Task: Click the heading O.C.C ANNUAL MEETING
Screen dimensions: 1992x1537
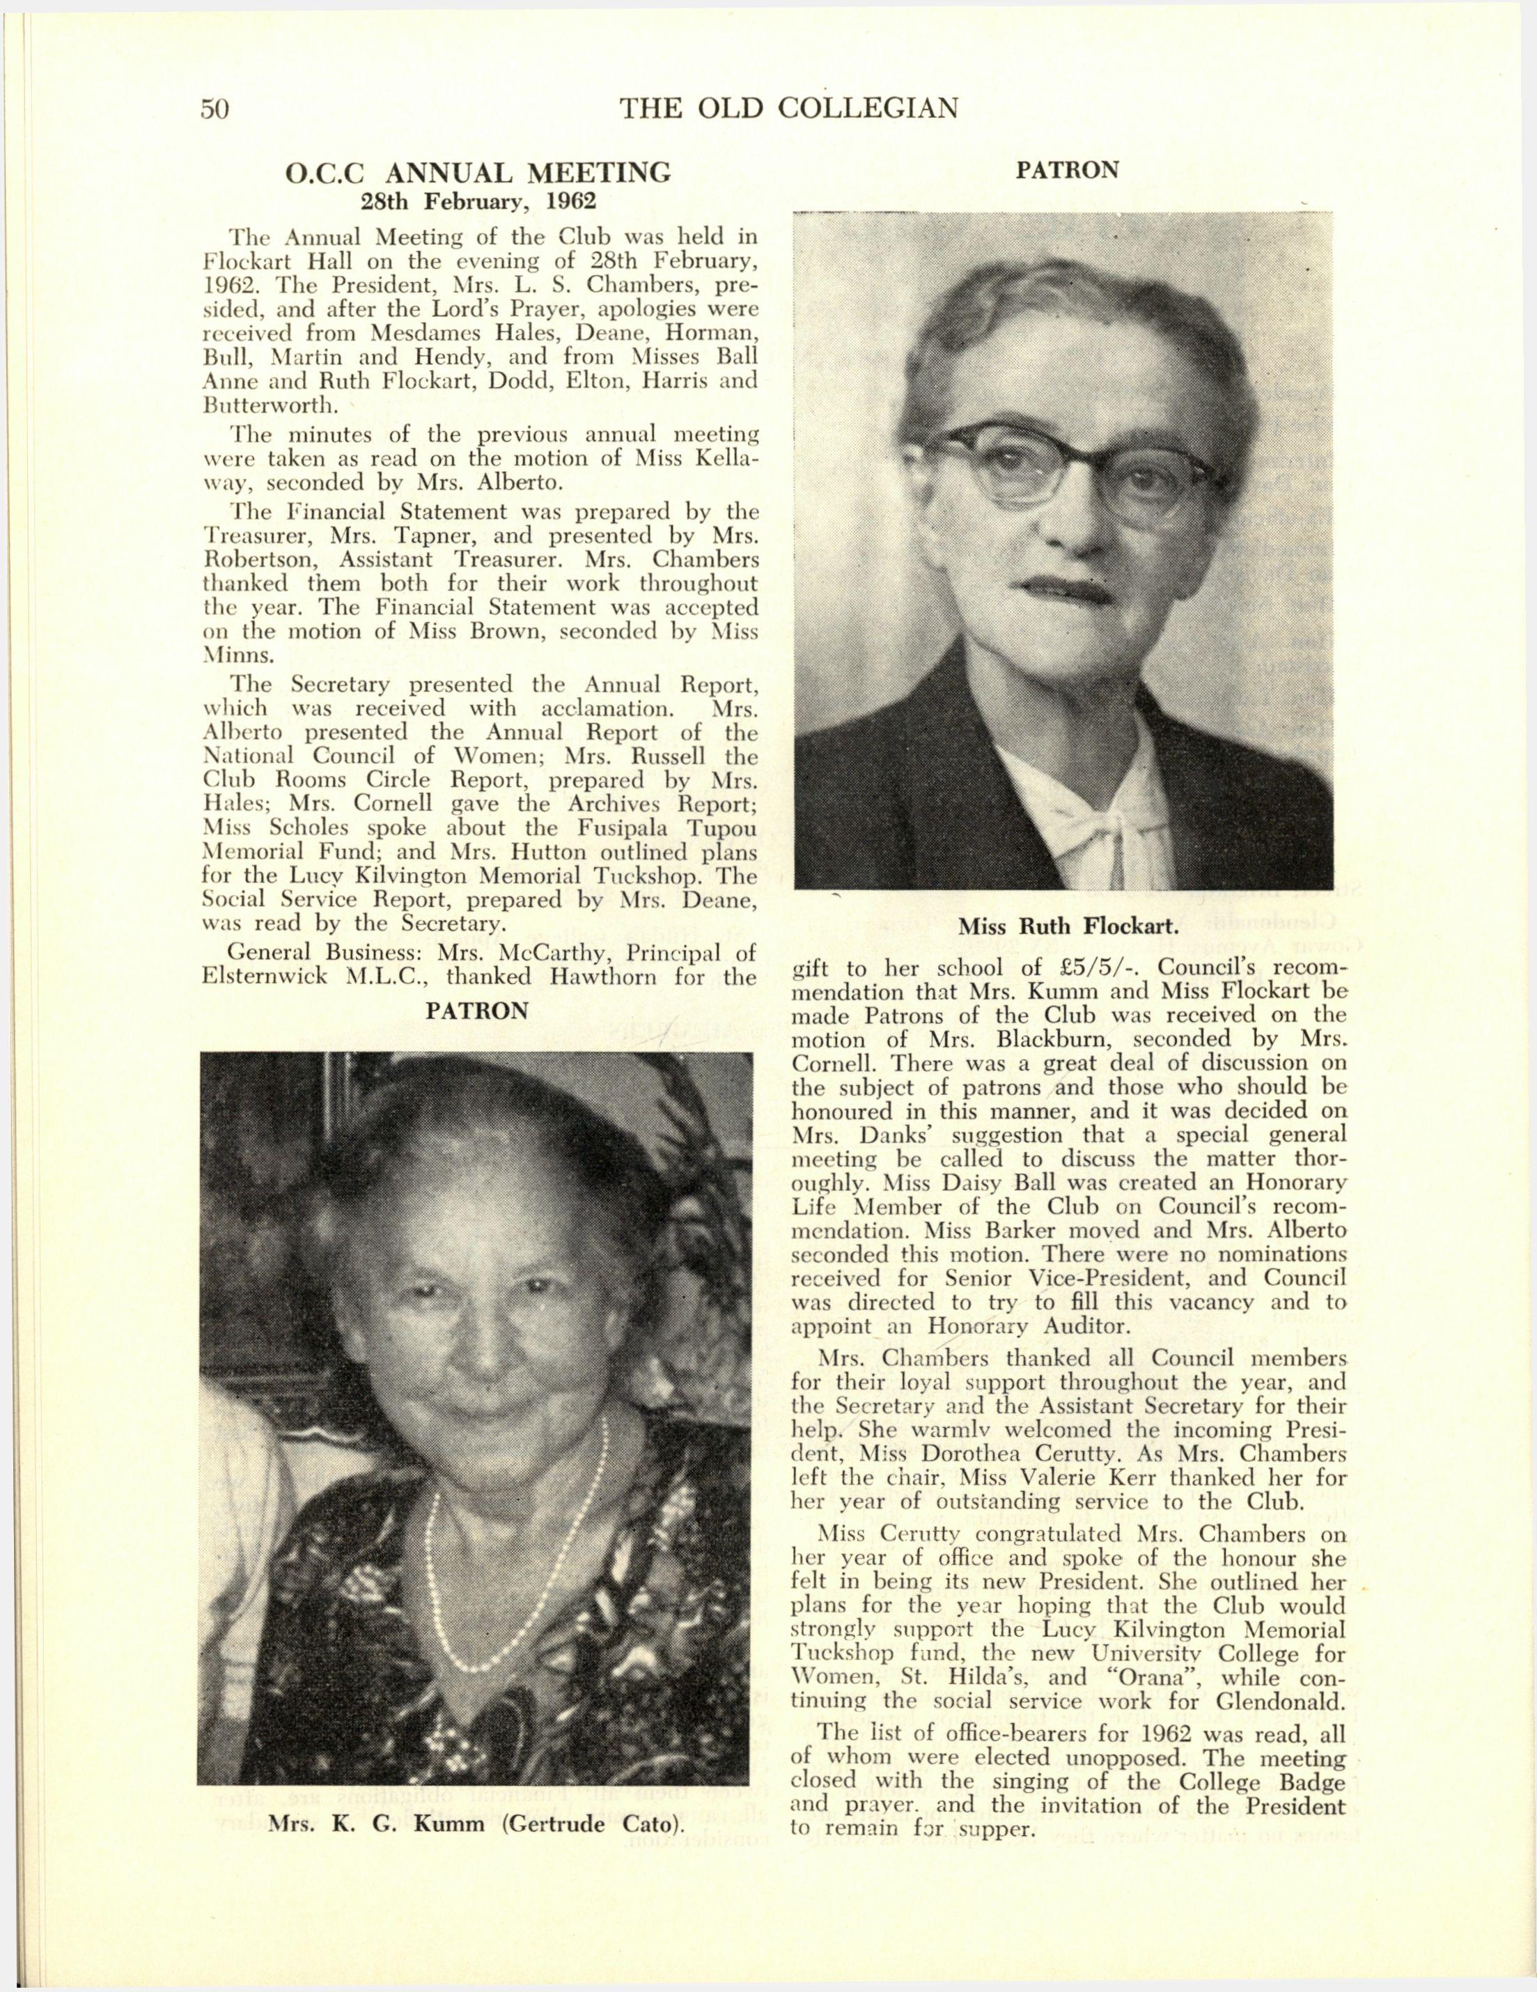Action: tap(479, 173)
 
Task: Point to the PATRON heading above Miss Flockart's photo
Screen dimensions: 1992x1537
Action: tap(1066, 171)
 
